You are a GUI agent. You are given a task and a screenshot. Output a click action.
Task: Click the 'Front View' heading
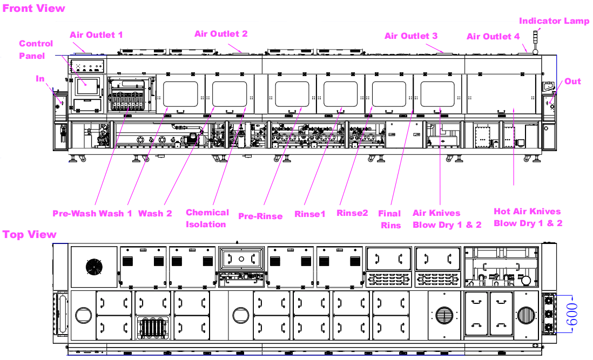[33, 8]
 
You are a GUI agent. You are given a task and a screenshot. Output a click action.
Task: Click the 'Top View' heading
[30, 235]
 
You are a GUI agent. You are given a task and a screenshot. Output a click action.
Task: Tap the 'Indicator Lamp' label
[554, 21]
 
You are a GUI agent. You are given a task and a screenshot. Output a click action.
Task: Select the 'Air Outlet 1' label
[97, 35]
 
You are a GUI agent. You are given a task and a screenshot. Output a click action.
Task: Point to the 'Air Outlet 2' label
[221, 34]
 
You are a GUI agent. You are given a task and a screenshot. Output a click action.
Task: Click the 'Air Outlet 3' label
[411, 36]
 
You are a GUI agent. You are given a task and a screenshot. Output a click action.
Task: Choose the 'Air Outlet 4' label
[493, 37]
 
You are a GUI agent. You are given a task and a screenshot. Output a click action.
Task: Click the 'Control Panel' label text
[36, 50]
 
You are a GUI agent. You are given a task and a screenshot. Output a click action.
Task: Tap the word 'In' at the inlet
[40, 79]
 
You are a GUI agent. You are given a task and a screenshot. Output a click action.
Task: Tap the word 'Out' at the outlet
[572, 81]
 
